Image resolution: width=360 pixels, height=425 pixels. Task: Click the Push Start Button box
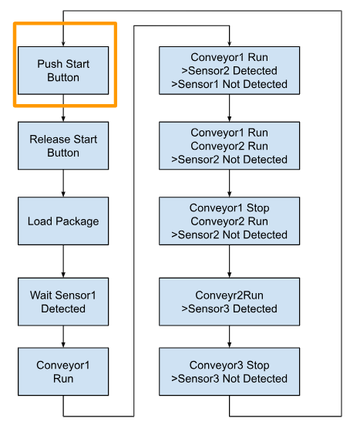pyautogui.click(x=63, y=70)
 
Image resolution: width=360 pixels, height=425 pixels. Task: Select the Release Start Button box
pyautogui.click(x=63, y=146)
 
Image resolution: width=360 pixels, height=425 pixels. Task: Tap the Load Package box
pyautogui.click(x=63, y=221)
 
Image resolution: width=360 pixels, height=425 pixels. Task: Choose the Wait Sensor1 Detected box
pyautogui.click(x=63, y=302)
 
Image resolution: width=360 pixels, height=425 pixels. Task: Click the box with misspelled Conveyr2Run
pyautogui.click(x=229, y=302)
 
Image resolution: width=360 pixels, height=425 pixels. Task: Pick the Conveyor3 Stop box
pyautogui.click(x=229, y=372)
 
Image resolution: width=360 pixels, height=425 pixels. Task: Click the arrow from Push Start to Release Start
pyautogui.click(x=63, y=108)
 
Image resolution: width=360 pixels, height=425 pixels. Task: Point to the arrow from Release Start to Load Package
pyautogui.click(x=63, y=184)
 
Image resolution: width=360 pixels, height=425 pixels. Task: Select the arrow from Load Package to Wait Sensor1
pyautogui.click(x=63, y=261)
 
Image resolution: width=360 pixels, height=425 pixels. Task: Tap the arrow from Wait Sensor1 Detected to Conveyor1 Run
pyautogui.click(x=63, y=336)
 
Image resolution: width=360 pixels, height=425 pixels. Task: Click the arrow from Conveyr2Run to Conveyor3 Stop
pyautogui.click(x=229, y=336)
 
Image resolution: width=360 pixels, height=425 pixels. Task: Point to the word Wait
pyautogui.click(x=39, y=295)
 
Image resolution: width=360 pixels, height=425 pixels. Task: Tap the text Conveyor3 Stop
pyautogui.click(x=229, y=365)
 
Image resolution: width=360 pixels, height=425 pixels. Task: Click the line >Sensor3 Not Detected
pyautogui.click(x=229, y=379)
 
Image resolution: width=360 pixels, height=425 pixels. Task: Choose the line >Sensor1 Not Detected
pyautogui.click(x=229, y=84)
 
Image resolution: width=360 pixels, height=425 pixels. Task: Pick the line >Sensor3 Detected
pyautogui.click(x=229, y=309)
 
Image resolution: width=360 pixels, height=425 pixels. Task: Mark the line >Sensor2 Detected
pyautogui.click(x=229, y=71)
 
